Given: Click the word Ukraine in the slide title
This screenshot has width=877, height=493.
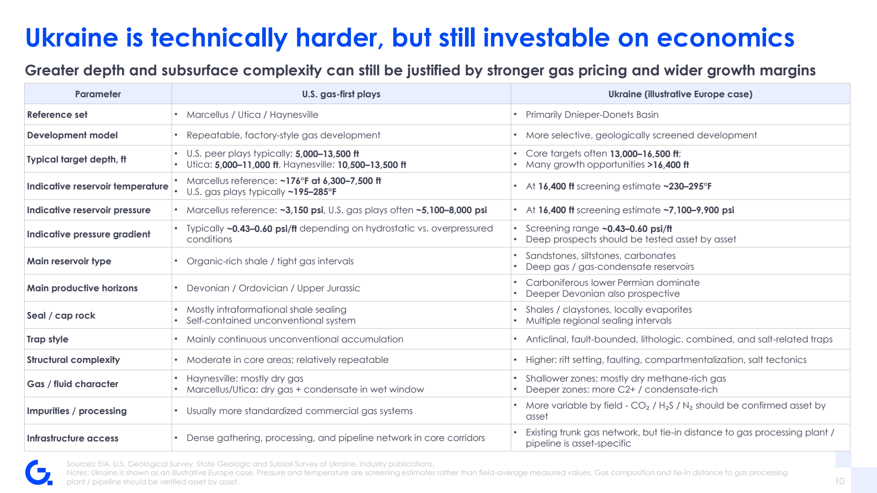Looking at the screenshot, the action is (72, 37).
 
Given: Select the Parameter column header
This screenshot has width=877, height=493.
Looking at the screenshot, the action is (98, 94).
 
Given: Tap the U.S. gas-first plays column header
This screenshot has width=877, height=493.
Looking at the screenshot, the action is (341, 94).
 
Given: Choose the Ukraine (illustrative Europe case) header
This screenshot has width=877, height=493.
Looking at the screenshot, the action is (680, 94).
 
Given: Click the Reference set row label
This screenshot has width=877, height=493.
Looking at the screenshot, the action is (57, 115).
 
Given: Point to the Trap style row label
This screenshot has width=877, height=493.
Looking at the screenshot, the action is (48, 339).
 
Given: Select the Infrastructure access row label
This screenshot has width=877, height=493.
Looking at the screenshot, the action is (73, 438).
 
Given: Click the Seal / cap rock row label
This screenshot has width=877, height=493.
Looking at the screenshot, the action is (61, 315).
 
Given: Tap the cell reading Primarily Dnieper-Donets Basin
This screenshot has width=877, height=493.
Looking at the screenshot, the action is (592, 115).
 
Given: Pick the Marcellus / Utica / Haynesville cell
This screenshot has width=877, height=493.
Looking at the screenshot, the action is (253, 115).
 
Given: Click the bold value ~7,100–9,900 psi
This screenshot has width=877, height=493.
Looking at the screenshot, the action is (699, 210).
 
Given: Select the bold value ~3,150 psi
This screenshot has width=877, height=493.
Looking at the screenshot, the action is (301, 210).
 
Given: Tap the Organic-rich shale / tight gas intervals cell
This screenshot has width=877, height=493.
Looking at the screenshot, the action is (270, 261).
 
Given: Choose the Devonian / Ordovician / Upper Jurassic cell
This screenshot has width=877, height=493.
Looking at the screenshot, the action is (273, 288).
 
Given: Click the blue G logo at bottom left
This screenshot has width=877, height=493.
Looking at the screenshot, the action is (39, 472).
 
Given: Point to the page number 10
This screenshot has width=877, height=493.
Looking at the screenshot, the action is (840, 481).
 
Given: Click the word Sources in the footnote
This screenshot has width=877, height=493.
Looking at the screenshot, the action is (80, 464).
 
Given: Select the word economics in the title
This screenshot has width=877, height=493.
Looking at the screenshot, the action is (725, 37).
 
